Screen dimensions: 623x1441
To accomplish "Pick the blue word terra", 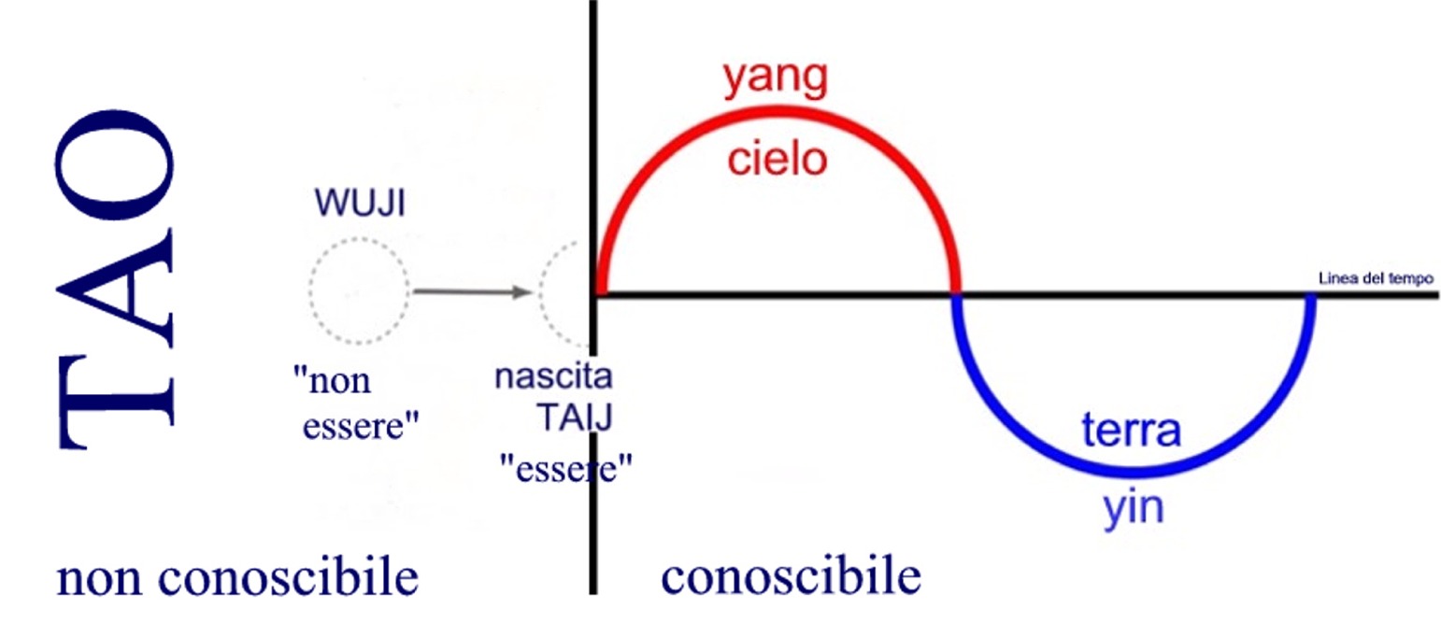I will pos(1132,432).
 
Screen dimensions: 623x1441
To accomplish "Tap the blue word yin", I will pos(1132,510).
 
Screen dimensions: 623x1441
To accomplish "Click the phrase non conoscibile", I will pos(237,578).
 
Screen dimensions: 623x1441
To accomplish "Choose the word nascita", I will pos(553,378).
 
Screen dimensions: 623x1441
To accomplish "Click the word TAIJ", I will pos(574,418).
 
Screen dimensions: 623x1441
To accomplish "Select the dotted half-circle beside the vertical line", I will pos(564,291).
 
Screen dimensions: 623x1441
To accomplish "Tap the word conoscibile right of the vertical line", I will pos(791,578).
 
